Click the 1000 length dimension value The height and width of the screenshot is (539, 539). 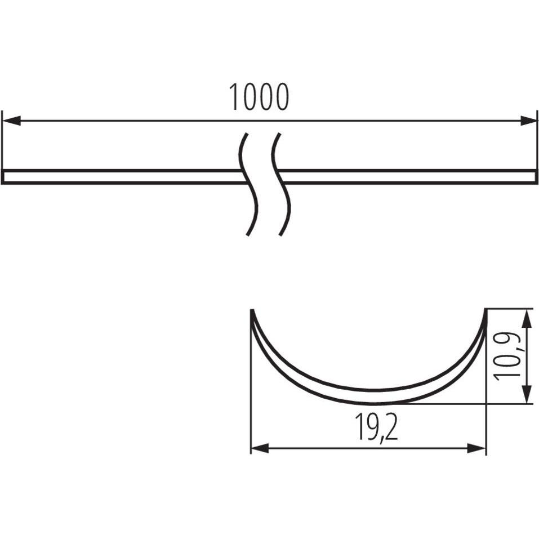[x=259, y=97]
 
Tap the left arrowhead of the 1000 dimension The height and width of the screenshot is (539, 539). [x=11, y=121]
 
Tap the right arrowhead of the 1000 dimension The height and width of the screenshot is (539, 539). [x=529, y=121]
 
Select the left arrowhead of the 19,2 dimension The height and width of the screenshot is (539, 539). [x=259, y=448]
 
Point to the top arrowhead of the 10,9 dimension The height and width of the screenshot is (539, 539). [x=526, y=318]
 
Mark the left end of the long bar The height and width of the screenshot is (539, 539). [x=3, y=177]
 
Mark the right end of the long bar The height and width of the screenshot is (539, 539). [x=536, y=177]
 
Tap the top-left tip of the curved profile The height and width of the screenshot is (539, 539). [x=252, y=311]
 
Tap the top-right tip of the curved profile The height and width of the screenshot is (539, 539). [x=485, y=311]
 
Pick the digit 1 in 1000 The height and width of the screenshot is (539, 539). [x=234, y=97]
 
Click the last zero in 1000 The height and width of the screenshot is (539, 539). [x=281, y=97]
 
